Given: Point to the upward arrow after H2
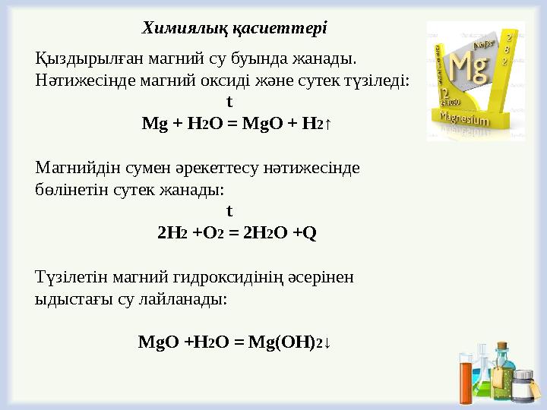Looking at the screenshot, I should coord(328,123).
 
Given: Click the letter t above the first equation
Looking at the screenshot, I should coord(229,101).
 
